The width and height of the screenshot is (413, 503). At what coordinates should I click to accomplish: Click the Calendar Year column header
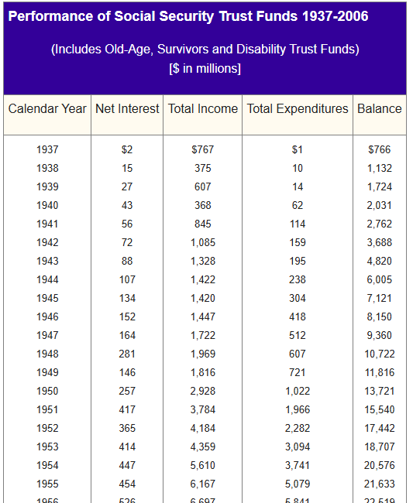[47, 108]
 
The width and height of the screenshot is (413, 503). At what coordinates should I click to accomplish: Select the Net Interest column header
[127, 108]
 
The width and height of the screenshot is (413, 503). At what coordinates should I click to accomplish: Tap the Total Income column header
[203, 108]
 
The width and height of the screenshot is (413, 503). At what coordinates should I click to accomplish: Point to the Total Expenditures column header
[298, 108]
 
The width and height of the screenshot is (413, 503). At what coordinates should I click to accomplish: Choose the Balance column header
[380, 108]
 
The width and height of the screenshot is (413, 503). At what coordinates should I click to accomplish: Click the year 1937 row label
[47, 149]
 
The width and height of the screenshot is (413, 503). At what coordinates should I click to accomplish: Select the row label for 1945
[47, 298]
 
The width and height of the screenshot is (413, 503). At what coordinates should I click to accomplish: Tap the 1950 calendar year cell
[47, 391]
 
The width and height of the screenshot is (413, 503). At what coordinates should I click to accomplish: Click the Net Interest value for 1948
[127, 354]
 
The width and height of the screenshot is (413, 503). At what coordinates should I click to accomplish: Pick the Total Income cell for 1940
[203, 205]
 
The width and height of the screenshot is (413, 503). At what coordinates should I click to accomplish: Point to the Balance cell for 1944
[380, 279]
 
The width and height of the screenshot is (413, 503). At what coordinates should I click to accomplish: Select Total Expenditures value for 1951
[298, 409]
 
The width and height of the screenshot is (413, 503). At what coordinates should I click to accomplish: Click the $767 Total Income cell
[203, 149]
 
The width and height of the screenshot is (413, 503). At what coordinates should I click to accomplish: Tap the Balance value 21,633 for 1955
[380, 484]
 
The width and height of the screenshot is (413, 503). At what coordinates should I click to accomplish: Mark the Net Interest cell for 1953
[127, 447]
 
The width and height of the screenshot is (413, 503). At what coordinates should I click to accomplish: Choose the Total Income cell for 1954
[203, 465]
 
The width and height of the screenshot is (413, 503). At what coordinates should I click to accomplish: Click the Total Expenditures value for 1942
[298, 242]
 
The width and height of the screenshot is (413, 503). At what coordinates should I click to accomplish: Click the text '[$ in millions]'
[205, 68]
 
